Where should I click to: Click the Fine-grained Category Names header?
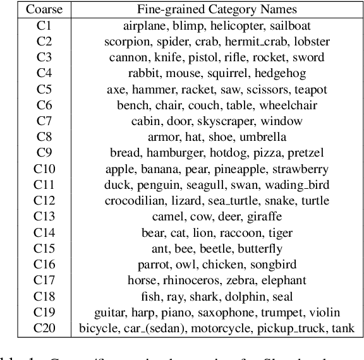(x=216, y=9)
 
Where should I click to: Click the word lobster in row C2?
(x=308, y=42)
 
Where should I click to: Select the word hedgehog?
(x=260, y=73)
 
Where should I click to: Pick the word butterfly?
(x=259, y=249)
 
